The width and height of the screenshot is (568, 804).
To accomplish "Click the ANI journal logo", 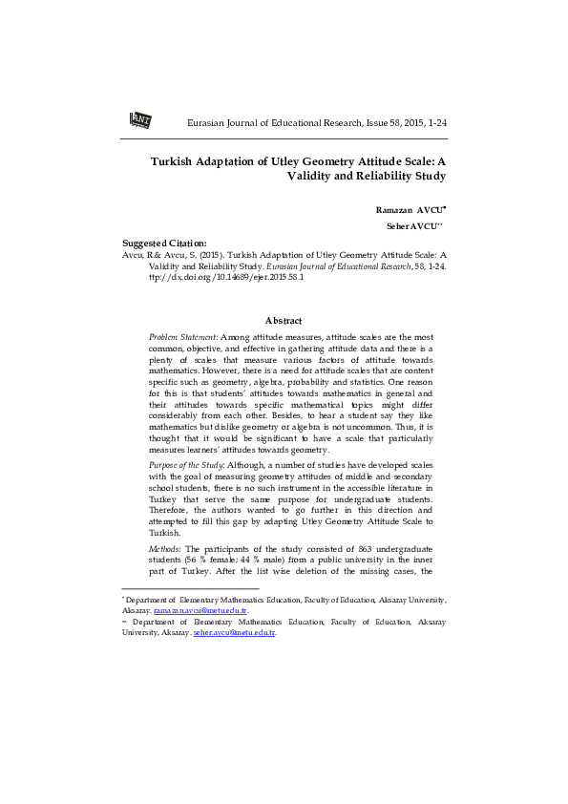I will pyautogui.click(x=140, y=119).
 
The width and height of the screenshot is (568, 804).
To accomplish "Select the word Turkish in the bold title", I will pyautogui.click(x=177, y=161).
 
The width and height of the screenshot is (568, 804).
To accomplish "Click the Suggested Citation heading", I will pyautogui.click(x=164, y=243).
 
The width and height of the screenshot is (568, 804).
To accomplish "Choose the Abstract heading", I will pyautogui.click(x=284, y=320).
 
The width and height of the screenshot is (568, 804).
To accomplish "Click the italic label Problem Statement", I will pyautogui.click(x=183, y=337).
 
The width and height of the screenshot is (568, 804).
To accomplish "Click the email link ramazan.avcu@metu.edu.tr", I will pyautogui.click(x=200, y=609).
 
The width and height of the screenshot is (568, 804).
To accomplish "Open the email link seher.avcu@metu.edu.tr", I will pyautogui.click(x=234, y=632).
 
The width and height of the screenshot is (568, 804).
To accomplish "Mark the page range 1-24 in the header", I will pyautogui.click(x=436, y=124).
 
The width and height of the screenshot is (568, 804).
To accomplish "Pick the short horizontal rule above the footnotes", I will pyautogui.click(x=191, y=588).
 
